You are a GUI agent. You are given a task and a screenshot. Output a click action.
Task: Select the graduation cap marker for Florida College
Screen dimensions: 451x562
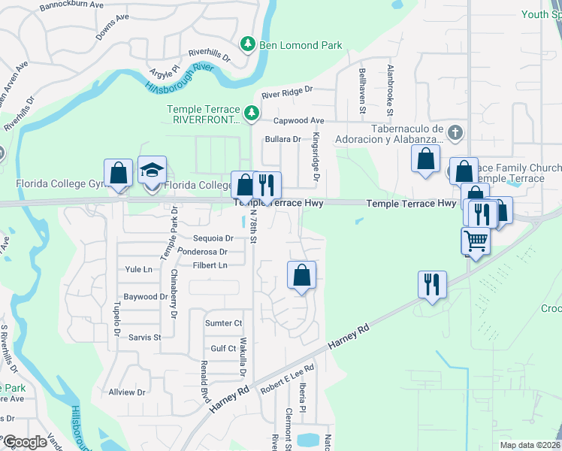(151, 171)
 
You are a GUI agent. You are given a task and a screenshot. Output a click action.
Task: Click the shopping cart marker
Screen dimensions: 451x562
(475, 241)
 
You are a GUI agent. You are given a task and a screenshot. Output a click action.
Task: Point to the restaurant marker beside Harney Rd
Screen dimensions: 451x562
(432, 285)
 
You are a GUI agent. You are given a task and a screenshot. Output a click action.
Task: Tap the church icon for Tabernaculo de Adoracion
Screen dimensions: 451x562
(454, 133)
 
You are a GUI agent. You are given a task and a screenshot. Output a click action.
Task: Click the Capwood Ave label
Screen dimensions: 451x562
(298, 120)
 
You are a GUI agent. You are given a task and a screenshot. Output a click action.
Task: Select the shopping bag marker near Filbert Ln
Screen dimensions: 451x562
(301, 275)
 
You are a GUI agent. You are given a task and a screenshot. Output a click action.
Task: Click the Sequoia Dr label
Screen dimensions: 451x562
(208, 238)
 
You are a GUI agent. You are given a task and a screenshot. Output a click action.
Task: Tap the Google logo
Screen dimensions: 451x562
(24, 441)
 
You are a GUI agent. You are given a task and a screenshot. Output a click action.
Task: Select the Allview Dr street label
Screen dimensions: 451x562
(127, 392)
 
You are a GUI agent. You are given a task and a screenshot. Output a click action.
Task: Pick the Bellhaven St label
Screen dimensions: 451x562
(362, 90)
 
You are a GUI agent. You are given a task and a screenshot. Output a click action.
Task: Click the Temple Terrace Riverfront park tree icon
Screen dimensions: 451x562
(252, 114)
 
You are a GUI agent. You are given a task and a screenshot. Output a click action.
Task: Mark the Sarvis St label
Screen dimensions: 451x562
(145, 337)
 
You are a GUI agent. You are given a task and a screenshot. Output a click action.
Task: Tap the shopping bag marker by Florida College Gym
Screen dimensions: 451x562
(118, 173)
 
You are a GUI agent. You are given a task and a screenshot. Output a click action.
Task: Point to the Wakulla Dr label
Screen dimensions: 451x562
(243, 355)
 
